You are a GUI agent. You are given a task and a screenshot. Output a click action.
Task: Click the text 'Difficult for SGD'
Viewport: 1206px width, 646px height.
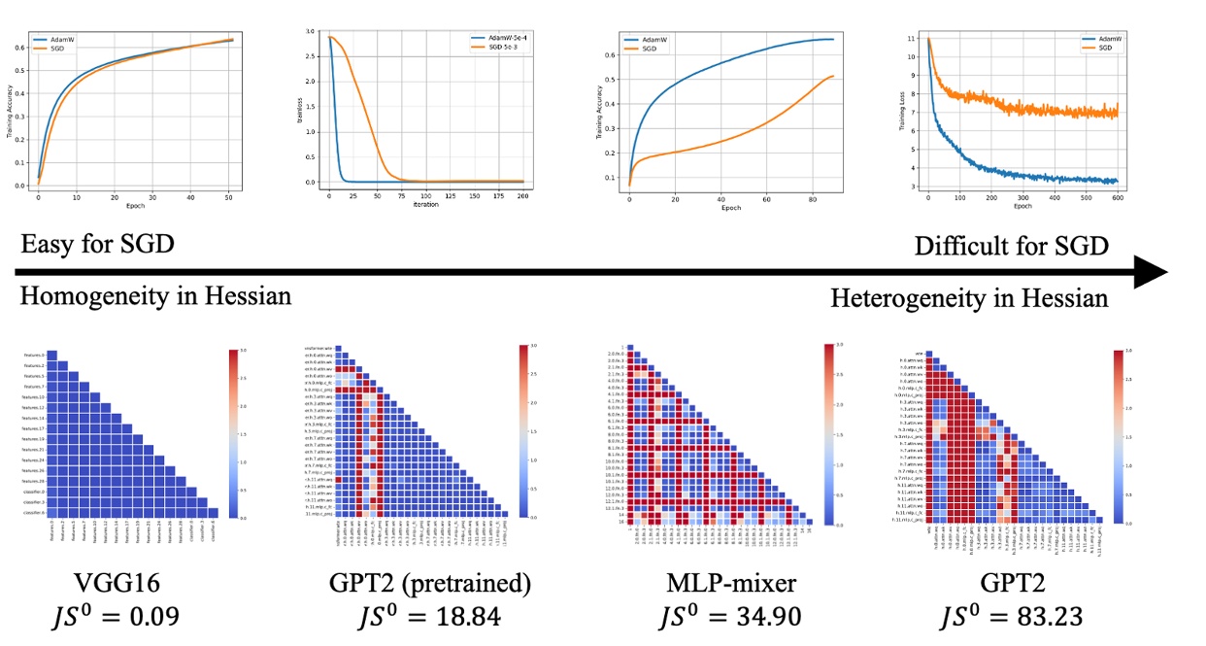(x=1011, y=246)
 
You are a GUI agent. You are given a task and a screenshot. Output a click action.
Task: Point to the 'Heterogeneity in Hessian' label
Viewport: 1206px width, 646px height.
(x=969, y=297)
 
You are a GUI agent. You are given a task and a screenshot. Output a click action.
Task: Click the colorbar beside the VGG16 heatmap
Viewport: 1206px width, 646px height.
(x=232, y=434)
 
